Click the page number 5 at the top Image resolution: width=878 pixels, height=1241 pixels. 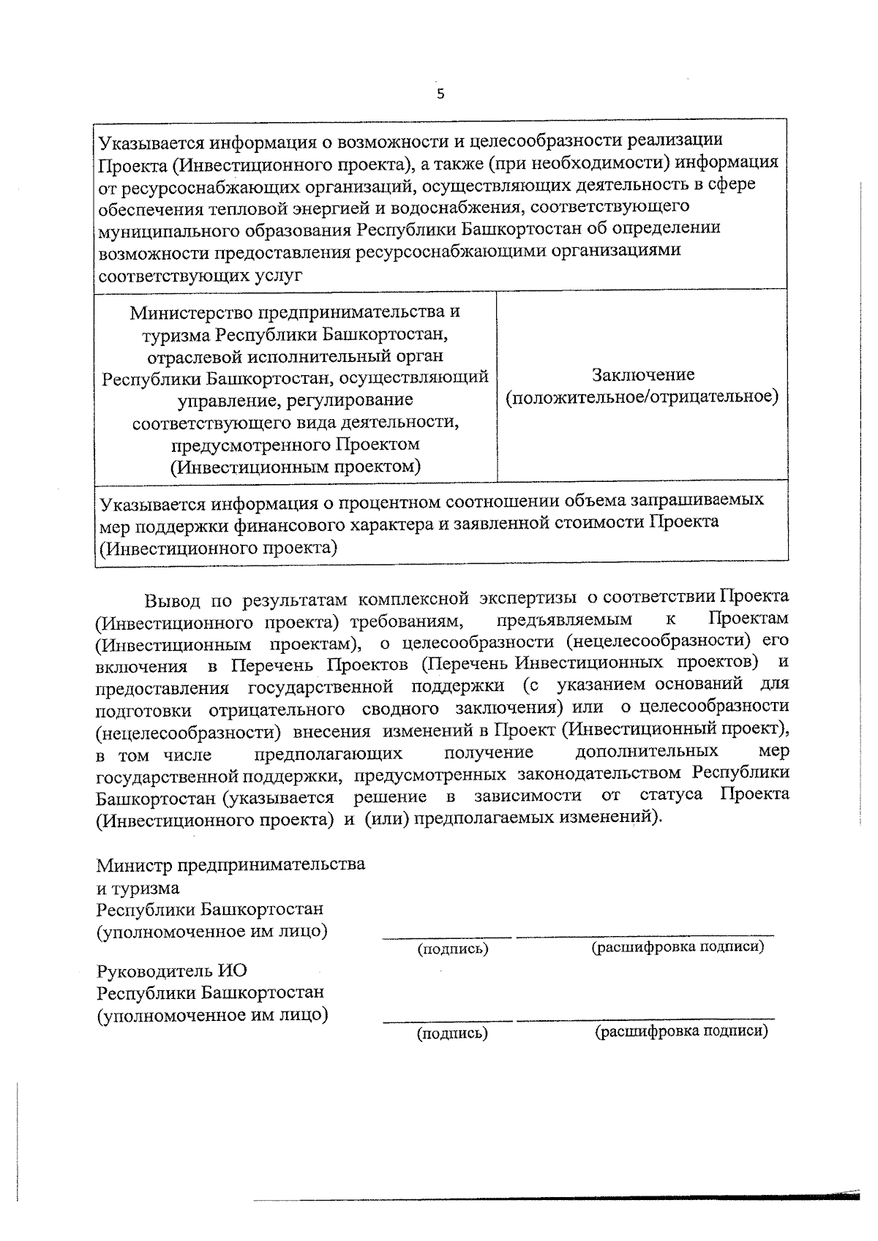440,94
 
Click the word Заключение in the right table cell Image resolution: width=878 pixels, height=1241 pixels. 643,375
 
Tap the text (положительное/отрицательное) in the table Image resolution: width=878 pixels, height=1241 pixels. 642,397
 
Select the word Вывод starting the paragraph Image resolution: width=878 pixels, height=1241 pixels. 173,601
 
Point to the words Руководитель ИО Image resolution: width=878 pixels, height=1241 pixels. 172,971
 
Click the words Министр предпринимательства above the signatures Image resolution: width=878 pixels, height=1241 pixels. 231,865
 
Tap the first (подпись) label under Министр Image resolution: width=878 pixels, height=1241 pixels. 452,949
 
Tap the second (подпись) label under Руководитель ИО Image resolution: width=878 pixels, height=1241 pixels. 452,1033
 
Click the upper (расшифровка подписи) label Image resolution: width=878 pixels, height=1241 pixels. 678,947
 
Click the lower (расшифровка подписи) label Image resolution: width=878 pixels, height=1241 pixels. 681,1031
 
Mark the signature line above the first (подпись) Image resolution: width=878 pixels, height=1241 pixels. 447,936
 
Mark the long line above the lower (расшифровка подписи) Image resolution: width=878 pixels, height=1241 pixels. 645,1019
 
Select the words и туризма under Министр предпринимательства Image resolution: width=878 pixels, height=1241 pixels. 138,889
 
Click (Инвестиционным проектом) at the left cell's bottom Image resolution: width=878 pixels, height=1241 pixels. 296,467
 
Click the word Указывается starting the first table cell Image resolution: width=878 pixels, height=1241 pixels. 152,140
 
